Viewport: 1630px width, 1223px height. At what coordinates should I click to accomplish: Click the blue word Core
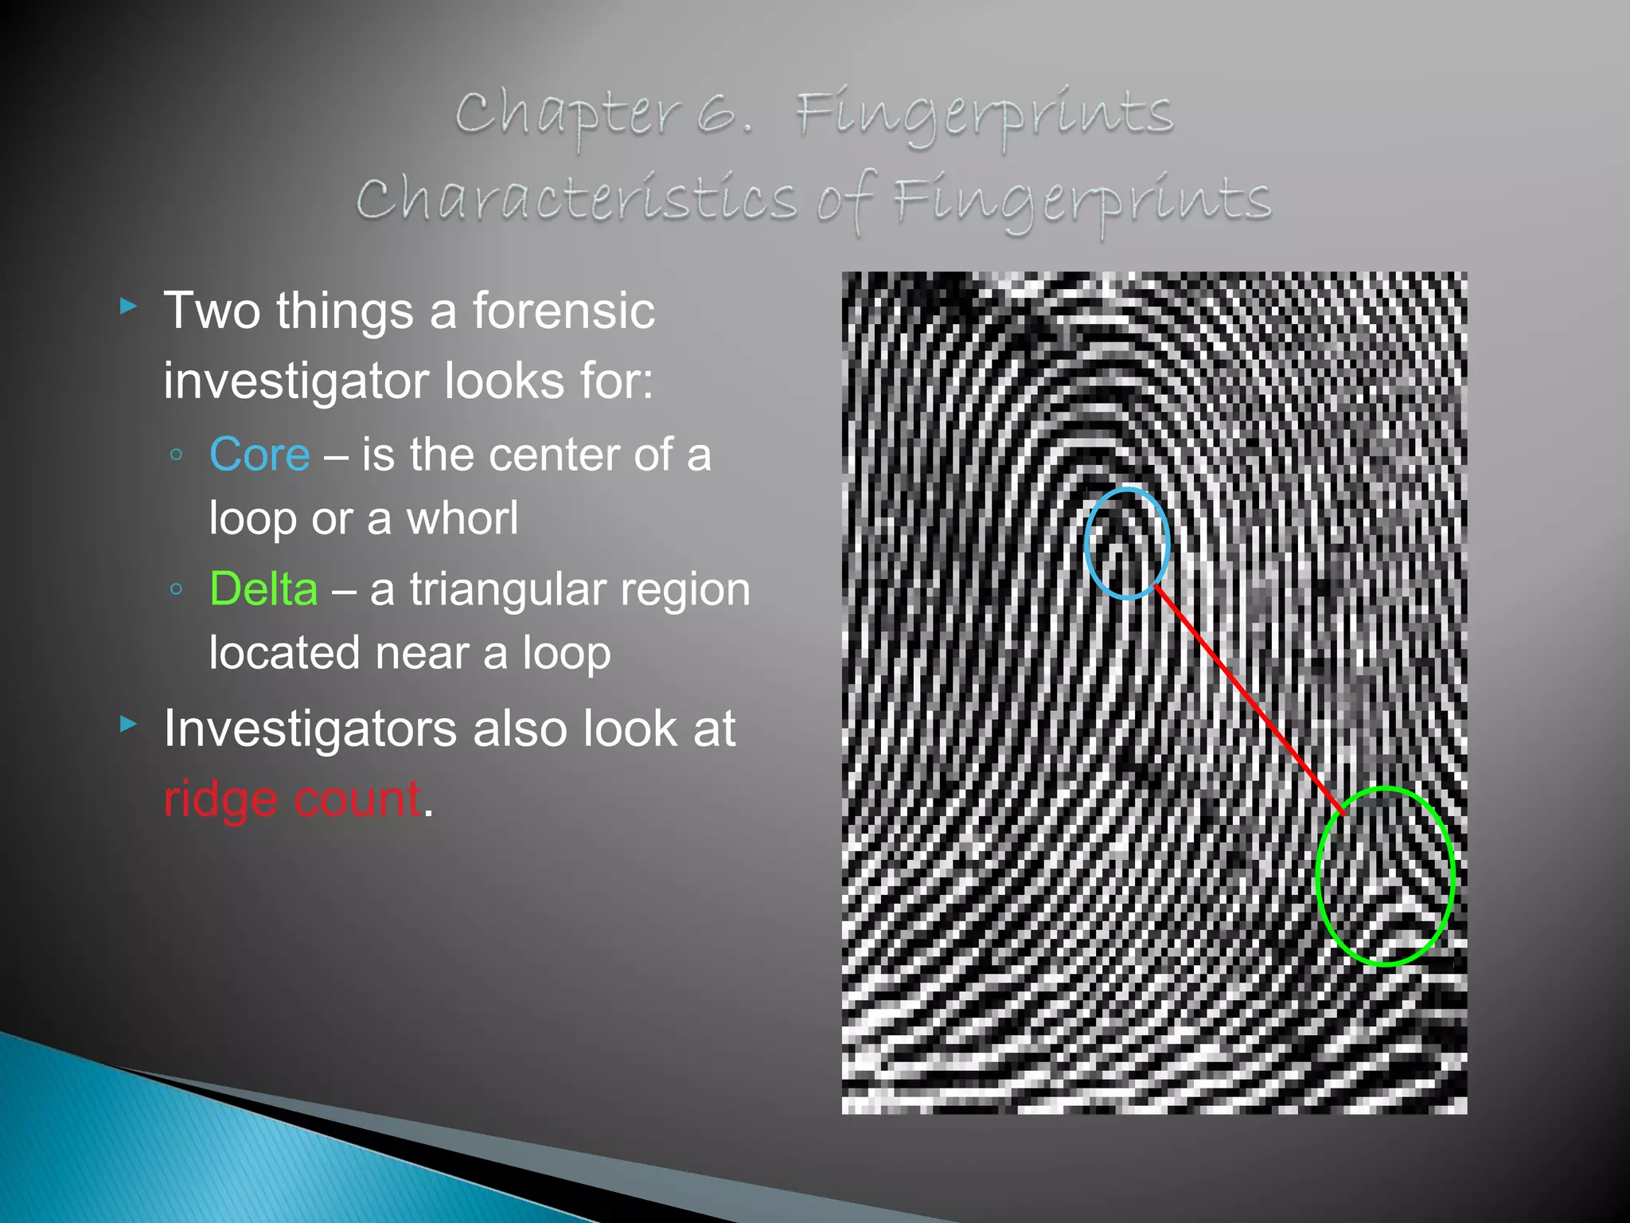259,455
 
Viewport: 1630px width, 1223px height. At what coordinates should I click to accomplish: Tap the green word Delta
263,589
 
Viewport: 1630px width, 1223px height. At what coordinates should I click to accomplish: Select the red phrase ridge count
292,799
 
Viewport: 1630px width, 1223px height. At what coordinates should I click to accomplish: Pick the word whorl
462,518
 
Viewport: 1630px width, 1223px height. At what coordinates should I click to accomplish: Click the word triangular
508,589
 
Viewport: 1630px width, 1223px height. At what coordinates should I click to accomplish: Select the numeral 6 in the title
718,114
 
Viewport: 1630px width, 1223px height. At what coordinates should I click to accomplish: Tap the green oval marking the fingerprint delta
1319,876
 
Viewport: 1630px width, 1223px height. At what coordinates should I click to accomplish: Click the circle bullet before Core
177,455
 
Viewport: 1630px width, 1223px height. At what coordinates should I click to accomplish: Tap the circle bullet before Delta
177,590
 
